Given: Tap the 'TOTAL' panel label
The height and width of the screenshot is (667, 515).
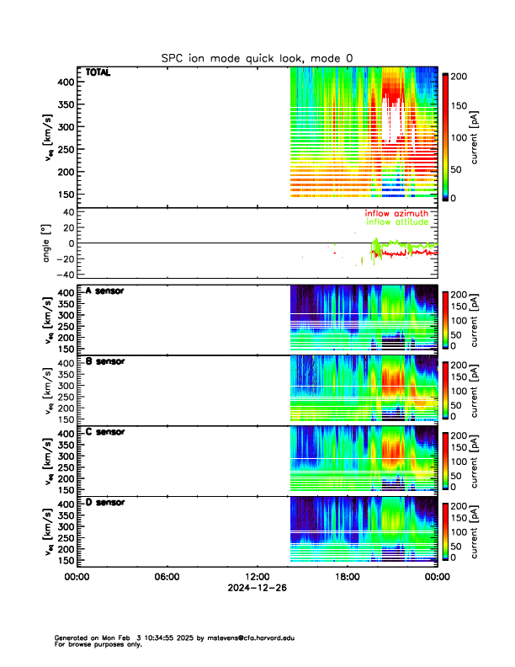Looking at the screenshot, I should coord(98,72).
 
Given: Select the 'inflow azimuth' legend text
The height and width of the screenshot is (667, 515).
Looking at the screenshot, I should coord(396,214).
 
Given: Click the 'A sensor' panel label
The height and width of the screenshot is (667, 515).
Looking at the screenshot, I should coord(104,291).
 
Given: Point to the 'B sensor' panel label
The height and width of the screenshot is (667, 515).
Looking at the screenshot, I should coord(104,361).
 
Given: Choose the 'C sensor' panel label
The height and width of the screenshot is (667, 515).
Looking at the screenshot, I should coord(104,432).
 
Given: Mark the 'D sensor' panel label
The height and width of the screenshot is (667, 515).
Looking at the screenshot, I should coord(104,502).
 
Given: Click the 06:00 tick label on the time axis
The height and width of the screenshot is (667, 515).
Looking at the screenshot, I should coord(167,577).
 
